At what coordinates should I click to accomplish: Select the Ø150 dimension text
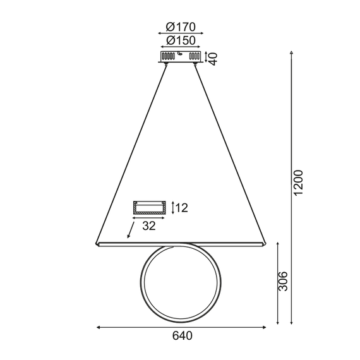[x=181, y=40]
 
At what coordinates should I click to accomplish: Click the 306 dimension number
[x=283, y=282]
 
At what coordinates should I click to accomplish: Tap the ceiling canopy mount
[x=181, y=57]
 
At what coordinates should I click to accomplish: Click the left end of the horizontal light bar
[x=98, y=243]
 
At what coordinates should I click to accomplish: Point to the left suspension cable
[x=133, y=152]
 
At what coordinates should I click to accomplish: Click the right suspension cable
[x=231, y=152]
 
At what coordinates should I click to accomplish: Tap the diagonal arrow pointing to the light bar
[x=131, y=231]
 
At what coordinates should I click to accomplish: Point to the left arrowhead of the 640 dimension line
[x=99, y=327]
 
